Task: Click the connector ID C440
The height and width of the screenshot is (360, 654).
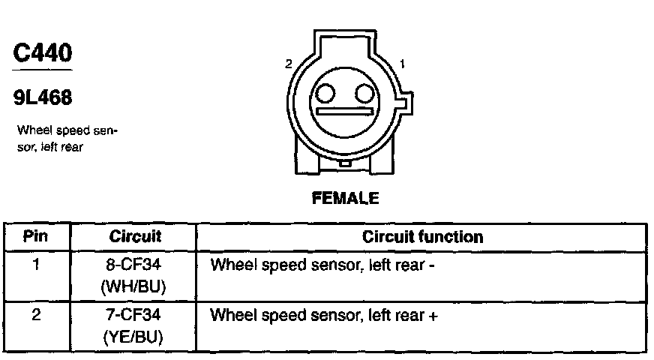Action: (x=43, y=53)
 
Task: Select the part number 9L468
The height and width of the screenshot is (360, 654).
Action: (x=43, y=97)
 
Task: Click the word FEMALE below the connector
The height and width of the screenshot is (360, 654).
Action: (x=345, y=198)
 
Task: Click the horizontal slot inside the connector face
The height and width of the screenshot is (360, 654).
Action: (x=345, y=111)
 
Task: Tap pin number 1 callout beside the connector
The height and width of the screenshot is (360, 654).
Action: (x=403, y=65)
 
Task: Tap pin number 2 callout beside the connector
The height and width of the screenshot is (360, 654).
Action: (x=288, y=65)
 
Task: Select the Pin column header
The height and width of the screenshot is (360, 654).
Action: (x=35, y=237)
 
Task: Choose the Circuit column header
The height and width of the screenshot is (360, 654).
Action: (x=135, y=237)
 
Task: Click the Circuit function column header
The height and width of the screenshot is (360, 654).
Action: (x=422, y=237)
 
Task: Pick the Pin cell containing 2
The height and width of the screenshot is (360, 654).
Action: (x=35, y=315)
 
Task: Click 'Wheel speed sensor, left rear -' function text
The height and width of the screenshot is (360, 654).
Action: (x=323, y=265)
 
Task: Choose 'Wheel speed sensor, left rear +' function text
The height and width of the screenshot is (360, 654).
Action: (x=324, y=316)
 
